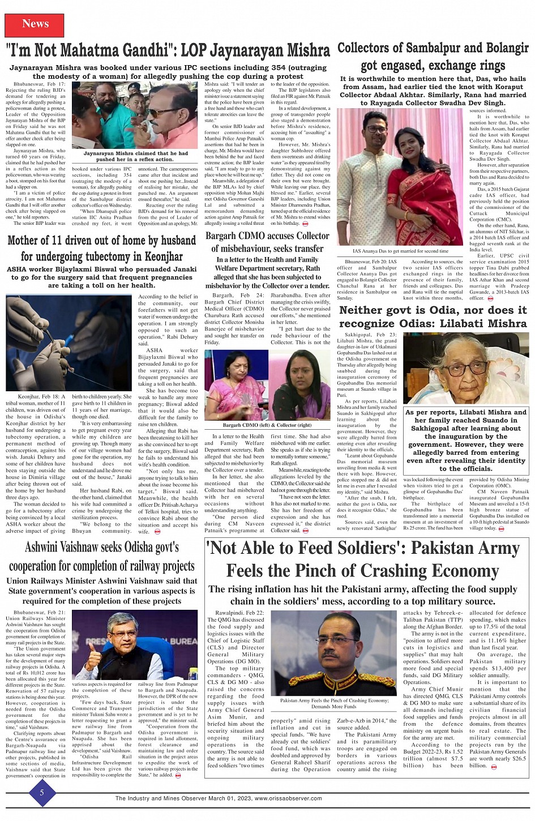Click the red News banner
coord(35,24)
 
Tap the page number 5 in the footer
coord(41,793)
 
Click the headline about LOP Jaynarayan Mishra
coord(168,51)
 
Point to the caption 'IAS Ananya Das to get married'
coord(400,251)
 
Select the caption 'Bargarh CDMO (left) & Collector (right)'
coord(267,425)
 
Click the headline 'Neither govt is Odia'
coord(433,317)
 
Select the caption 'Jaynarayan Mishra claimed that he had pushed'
coord(136,156)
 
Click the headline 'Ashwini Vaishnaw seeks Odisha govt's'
coord(102,548)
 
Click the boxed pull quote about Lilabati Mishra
coord(465,441)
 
